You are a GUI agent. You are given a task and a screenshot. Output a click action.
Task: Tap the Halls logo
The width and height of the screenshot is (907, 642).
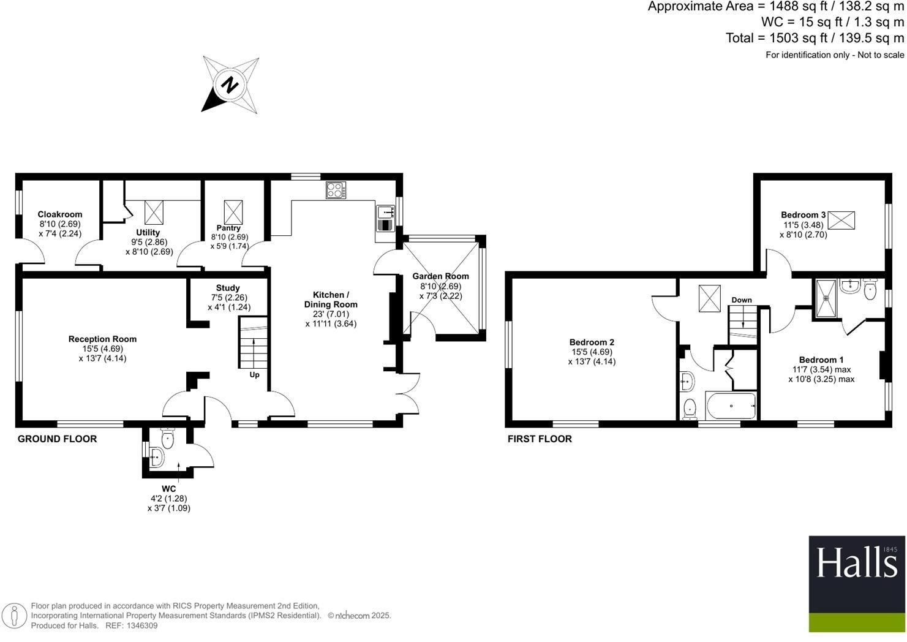tap(857, 584)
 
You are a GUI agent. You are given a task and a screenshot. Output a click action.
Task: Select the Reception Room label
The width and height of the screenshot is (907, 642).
tap(102, 339)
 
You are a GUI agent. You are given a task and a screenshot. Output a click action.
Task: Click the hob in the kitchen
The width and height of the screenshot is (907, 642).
tap(336, 190)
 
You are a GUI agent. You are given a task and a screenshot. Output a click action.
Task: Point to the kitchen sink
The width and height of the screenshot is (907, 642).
tap(385, 218)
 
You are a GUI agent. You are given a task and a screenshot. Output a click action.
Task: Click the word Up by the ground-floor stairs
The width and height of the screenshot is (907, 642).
tap(254, 375)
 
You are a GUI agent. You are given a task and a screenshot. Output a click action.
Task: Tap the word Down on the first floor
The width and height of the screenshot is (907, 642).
tap(742, 300)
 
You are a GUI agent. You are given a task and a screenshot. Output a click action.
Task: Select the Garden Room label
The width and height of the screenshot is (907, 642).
tap(440, 276)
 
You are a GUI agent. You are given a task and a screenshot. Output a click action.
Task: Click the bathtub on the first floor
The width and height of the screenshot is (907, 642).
tap(731, 406)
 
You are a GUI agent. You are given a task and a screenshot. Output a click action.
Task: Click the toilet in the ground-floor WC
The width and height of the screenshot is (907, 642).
tap(167, 438)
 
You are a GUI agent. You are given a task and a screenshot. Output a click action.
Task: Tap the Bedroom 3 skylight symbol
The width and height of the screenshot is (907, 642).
tap(841, 221)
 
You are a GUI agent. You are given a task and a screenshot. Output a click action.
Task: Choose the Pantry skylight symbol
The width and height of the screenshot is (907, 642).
tap(233, 212)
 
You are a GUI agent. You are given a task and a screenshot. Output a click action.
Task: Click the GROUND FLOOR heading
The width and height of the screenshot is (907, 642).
tap(57, 439)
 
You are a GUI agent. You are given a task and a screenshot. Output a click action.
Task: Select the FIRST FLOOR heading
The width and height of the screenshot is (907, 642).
tap(540, 439)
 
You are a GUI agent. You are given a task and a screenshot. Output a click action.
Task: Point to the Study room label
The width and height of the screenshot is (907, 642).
tap(228, 288)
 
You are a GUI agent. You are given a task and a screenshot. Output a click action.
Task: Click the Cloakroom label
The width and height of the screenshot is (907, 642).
tap(60, 214)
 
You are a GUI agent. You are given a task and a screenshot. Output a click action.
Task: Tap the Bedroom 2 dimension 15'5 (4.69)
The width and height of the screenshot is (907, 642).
tap(592, 352)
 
